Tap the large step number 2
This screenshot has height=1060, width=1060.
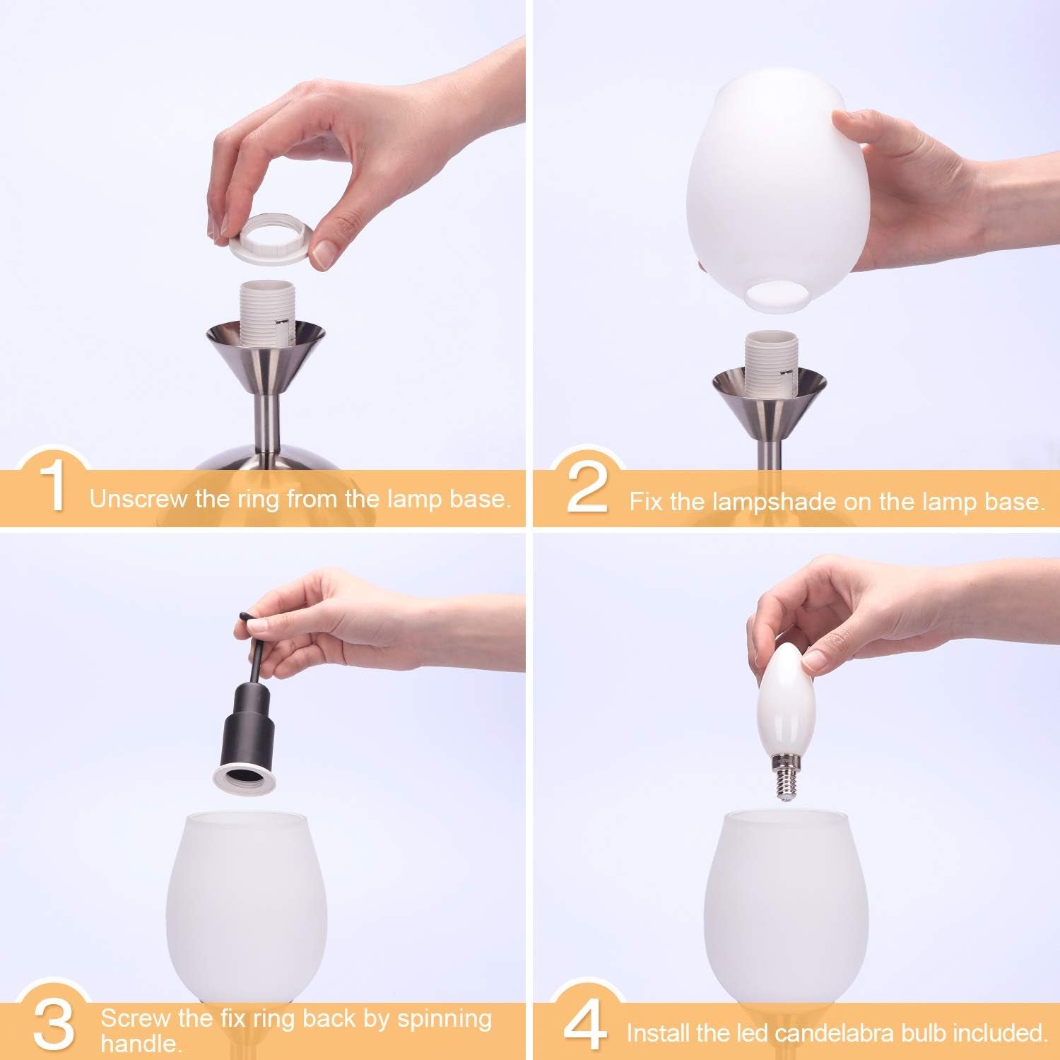(x=587, y=488)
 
